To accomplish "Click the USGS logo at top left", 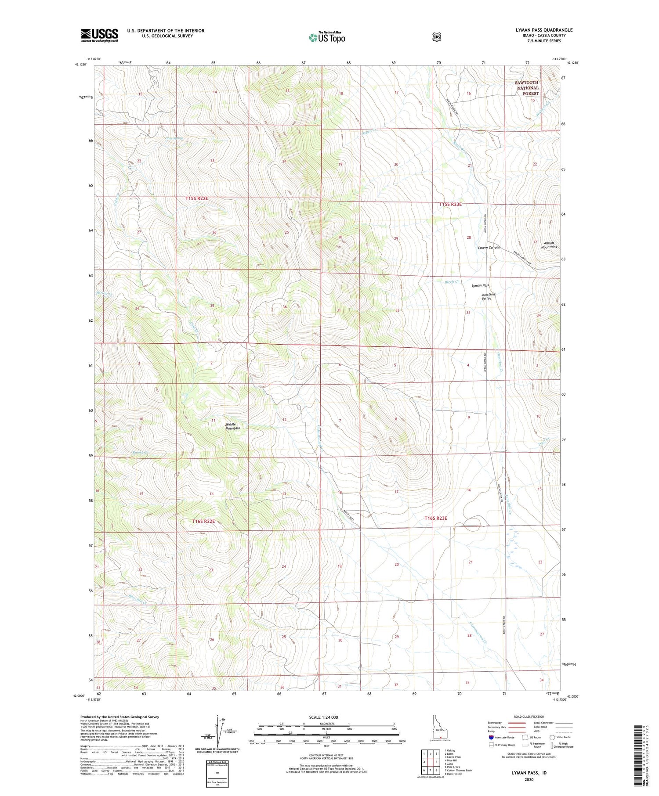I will coord(99,35).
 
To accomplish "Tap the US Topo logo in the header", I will coord(327,37).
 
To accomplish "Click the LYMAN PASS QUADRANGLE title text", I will coord(544,30).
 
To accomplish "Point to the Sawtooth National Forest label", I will coord(527,88).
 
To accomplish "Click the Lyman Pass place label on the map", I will coord(480,285).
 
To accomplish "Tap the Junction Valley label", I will coord(488,296).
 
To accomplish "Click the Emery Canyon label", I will coord(489,248).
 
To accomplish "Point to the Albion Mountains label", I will coord(549,245).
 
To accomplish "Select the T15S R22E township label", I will coord(196,198).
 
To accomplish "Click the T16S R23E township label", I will coord(435,518).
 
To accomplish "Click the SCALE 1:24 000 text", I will coord(326,717).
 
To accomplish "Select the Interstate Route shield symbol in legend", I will coord(491,737).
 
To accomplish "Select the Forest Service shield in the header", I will coord(436,37).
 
